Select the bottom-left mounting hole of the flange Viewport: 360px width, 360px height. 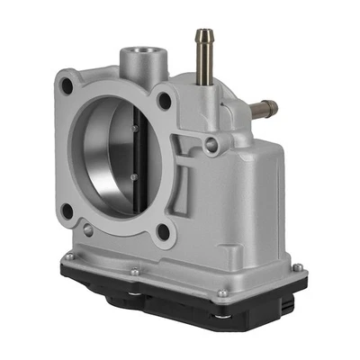(67, 211)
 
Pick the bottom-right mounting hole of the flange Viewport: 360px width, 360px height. (163, 233)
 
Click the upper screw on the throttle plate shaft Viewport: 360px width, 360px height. (133, 129)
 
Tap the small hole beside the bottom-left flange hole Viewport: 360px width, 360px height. (87, 230)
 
